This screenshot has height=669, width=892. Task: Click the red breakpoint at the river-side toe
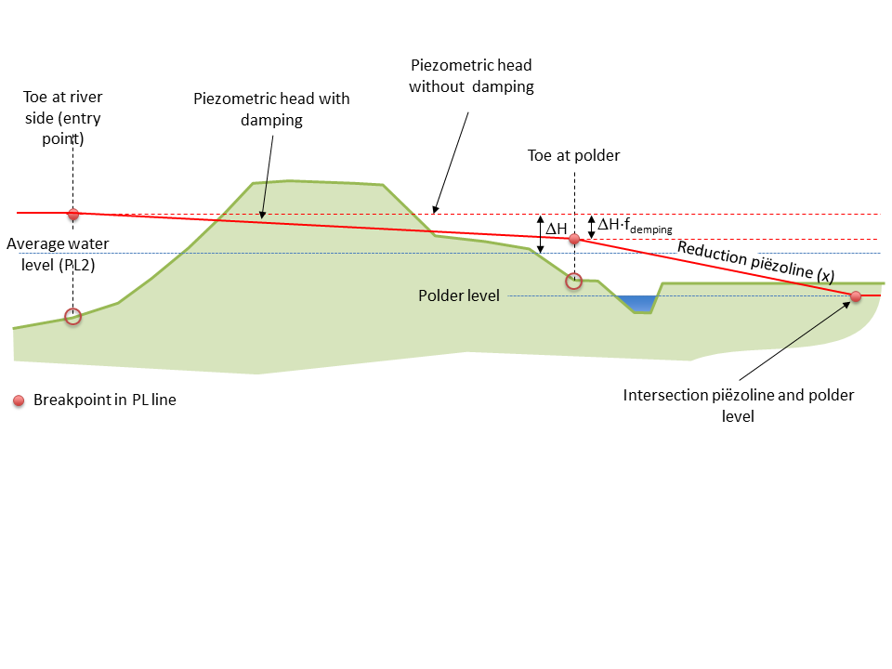click(x=73, y=214)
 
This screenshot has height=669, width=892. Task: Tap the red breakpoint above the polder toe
click(x=574, y=239)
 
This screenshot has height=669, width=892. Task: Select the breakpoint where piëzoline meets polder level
click(x=856, y=296)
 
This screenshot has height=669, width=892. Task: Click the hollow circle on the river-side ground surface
click(x=73, y=317)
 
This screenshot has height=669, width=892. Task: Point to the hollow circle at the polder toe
click(x=574, y=281)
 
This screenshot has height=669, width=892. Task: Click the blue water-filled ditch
click(x=637, y=303)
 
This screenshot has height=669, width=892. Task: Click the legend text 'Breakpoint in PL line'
click(x=104, y=400)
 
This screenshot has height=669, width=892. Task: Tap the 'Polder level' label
click(x=459, y=295)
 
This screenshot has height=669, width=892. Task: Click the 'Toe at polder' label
click(x=573, y=156)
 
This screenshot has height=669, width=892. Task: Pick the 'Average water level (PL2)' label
click(x=57, y=254)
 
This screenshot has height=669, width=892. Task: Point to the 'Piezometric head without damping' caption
click(x=471, y=76)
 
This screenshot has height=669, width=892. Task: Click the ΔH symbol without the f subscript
click(x=556, y=228)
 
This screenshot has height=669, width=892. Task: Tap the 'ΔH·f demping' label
click(x=634, y=225)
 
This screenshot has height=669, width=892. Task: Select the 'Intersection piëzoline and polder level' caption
click(x=739, y=406)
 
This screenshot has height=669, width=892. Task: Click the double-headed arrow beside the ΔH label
click(x=541, y=233)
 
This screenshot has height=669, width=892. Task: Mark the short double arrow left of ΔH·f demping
click(x=590, y=227)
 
